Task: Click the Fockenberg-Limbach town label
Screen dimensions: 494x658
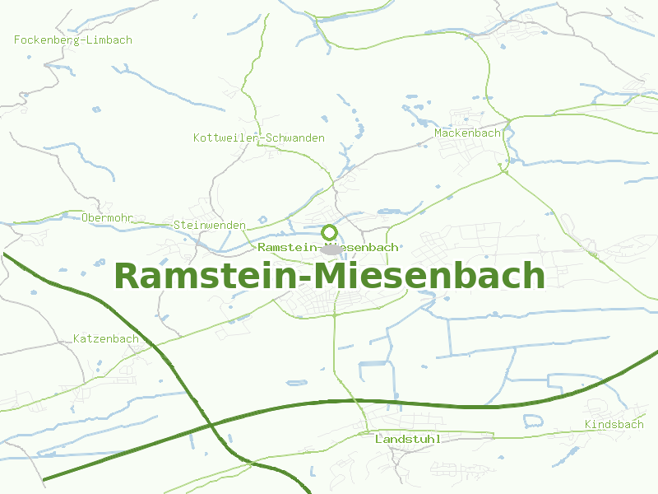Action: coord(73,40)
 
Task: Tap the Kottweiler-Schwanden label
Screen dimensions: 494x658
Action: coord(259,137)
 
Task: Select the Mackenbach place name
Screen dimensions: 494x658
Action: coord(467,133)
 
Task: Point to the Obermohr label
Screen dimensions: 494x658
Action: coord(108,217)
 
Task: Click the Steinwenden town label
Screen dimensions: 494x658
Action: coord(209,225)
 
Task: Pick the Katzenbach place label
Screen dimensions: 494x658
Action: coord(106,338)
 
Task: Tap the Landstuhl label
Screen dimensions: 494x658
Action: coord(407,439)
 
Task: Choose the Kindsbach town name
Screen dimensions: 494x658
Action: coord(614,424)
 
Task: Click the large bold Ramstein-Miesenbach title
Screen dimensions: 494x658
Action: coord(329,275)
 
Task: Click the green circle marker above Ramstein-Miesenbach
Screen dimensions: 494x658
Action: coord(330,232)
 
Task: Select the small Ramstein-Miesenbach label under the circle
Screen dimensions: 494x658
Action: coord(328,247)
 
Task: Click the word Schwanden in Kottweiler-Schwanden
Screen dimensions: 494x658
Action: coord(295,137)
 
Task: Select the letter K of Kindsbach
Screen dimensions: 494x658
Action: coord(588,424)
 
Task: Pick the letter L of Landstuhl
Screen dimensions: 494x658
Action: coord(378,439)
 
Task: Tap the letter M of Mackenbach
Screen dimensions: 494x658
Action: coord(438,133)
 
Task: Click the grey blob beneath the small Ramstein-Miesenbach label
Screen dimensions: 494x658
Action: coord(332,248)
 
